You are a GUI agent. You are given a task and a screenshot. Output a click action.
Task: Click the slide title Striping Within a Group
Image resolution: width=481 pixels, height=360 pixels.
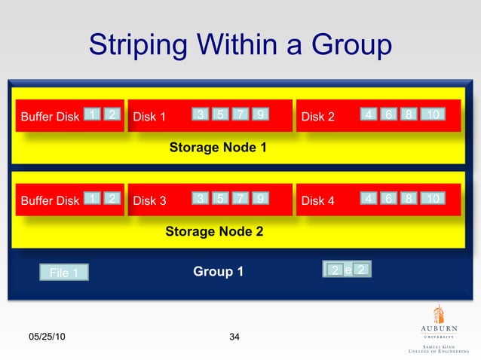[240, 45]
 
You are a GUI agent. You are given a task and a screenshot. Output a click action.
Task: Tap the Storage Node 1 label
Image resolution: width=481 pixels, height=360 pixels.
[218, 148]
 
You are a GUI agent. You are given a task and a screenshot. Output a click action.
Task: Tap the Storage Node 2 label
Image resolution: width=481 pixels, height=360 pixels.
[214, 231]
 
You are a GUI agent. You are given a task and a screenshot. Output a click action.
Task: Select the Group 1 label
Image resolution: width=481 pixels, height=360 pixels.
[218, 271]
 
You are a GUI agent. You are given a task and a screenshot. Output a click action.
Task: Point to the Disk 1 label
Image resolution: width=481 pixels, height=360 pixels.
[149, 117]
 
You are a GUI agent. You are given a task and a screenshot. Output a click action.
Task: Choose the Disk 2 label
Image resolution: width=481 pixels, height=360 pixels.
[317, 117]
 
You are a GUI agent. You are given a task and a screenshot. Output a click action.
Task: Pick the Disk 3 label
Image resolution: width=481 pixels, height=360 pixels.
[149, 201]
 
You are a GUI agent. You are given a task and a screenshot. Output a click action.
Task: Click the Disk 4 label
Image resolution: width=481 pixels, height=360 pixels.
[317, 201]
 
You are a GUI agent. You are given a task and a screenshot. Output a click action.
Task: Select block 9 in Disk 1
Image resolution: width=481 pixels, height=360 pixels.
[260, 114]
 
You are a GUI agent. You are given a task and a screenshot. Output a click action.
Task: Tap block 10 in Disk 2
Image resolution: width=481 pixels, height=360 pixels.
[433, 114]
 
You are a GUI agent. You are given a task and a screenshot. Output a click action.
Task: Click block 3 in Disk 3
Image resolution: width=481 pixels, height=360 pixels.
[200, 199]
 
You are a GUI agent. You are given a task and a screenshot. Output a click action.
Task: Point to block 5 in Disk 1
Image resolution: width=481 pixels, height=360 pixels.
[219, 114]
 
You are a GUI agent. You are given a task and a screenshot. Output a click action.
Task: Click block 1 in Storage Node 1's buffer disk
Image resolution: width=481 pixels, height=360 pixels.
[91, 114]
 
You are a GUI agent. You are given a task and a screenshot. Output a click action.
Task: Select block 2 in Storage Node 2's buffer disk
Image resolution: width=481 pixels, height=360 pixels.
[111, 199]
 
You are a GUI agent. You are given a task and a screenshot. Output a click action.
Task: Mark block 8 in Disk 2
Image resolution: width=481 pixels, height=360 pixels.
[408, 114]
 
